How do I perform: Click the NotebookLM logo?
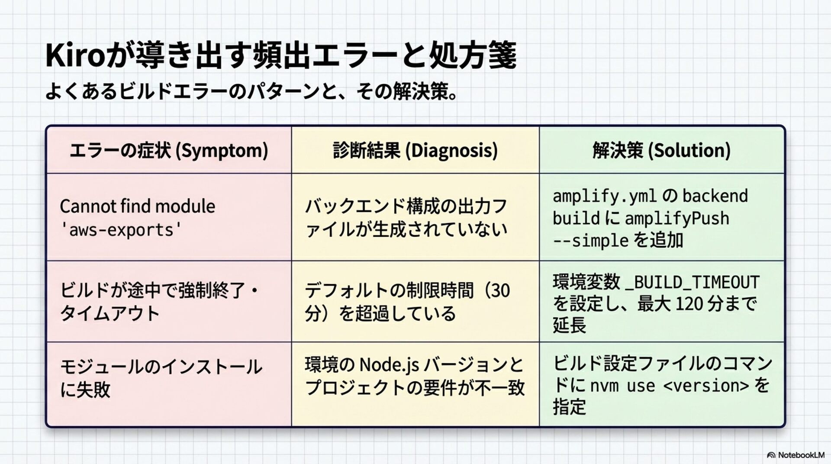pyautogui.click(x=796, y=455)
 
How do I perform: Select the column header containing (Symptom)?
pyautogui.click(x=169, y=150)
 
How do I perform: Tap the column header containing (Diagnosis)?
pyautogui.click(x=415, y=150)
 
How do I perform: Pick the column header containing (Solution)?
pyautogui.click(x=661, y=150)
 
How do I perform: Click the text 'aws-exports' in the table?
pyautogui.click(x=121, y=230)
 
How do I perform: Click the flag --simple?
pyautogui.click(x=590, y=241)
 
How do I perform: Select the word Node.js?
pyautogui.click(x=389, y=365)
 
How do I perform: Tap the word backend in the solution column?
pyautogui.click(x=715, y=196)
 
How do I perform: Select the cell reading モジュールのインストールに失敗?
pyautogui.click(x=161, y=378)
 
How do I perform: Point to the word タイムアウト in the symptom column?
pyautogui.click(x=110, y=313)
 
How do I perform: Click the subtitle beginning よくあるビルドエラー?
pyautogui.click(x=251, y=92)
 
